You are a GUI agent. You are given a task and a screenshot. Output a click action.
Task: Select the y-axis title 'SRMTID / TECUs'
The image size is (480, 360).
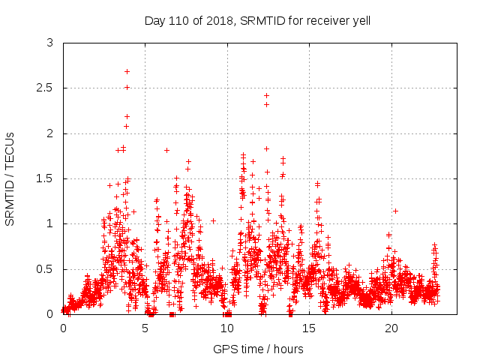click(10, 178)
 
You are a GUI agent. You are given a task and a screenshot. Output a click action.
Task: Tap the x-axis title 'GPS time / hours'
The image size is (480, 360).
click(258, 349)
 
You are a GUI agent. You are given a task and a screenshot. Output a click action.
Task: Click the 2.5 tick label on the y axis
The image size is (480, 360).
click(46, 88)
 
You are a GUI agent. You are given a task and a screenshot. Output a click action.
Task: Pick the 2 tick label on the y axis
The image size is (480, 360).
click(50, 133)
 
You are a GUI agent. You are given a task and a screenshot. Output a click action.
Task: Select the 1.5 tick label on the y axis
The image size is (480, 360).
click(46, 178)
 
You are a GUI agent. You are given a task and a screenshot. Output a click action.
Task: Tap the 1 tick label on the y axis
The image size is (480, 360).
click(50, 223)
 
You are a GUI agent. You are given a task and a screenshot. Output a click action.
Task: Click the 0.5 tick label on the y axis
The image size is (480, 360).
click(46, 268)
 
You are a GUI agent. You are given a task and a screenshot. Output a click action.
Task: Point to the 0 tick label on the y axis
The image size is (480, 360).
click(50, 314)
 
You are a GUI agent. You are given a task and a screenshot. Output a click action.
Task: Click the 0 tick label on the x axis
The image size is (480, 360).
click(63, 328)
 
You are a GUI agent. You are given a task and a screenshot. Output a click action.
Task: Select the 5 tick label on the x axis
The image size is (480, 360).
click(145, 328)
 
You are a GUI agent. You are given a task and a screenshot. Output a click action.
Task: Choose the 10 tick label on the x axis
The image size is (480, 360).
click(227, 328)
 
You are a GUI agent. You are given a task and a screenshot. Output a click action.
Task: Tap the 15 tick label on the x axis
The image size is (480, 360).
click(309, 328)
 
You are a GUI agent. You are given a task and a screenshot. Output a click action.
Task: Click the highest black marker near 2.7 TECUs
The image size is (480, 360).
click(127, 71)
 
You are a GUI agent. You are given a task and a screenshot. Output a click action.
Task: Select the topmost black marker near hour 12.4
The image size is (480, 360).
click(266, 95)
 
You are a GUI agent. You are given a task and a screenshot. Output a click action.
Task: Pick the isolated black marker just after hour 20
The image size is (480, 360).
click(395, 211)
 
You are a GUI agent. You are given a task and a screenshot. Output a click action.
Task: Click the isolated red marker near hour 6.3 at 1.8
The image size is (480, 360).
click(166, 150)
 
